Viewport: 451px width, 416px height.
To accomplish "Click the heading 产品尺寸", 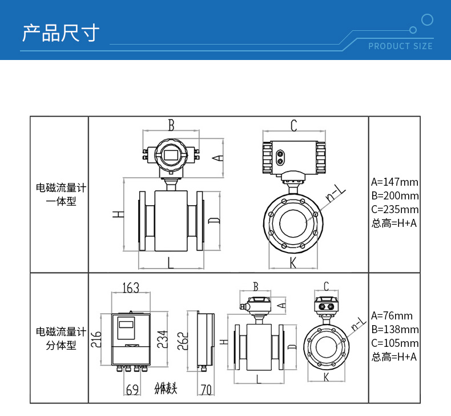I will click(61, 33).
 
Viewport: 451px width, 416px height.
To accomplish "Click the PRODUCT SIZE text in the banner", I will click(400, 46).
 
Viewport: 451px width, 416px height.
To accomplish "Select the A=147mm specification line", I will click(394, 182).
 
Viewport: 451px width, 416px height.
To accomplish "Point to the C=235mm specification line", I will click(394, 210).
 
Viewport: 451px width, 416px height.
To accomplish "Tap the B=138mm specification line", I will click(394, 330).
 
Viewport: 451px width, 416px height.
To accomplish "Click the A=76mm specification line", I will click(392, 316).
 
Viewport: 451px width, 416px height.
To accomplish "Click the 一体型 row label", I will click(61, 202).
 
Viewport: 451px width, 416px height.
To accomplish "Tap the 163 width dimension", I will click(131, 288).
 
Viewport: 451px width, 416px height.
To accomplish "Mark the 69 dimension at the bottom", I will click(132, 390).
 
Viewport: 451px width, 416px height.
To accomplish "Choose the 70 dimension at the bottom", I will click(206, 390).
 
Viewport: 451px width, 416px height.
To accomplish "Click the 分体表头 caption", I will click(166, 389).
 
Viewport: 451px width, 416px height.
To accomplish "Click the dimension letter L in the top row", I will click(170, 262).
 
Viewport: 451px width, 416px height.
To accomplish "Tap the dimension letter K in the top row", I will click(293, 262).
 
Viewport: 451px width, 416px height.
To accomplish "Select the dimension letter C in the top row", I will click(293, 125).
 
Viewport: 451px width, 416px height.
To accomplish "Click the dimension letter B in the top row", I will click(171, 124).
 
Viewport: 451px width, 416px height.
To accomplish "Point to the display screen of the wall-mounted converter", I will click(126, 325).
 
